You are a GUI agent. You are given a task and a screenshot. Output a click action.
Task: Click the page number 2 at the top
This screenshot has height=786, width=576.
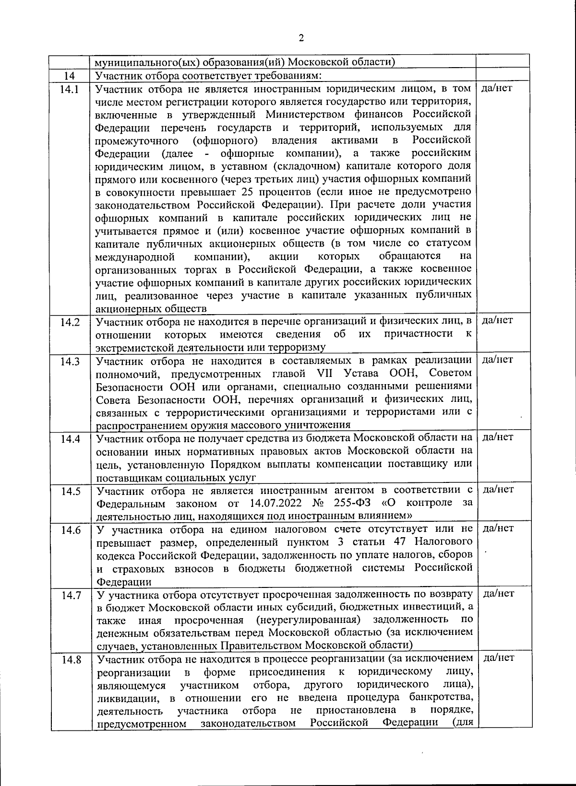click(x=301, y=38)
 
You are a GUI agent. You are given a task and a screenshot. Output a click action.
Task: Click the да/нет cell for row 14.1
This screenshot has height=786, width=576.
click(x=496, y=88)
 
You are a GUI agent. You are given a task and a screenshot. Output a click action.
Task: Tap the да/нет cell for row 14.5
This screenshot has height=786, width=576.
click(x=498, y=489)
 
